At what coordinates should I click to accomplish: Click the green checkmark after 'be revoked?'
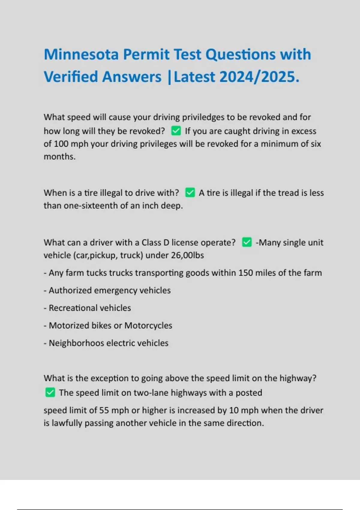click(x=176, y=131)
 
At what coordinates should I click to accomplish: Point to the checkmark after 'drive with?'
click(x=190, y=193)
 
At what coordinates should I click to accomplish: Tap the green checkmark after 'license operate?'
click(x=247, y=242)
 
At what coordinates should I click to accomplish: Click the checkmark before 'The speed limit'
click(x=50, y=392)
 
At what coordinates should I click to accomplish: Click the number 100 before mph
click(x=61, y=144)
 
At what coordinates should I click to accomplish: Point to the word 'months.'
click(x=59, y=156)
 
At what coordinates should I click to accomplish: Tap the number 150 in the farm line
click(x=245, y=273)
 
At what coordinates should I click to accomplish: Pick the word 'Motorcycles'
click(x=148, y=325)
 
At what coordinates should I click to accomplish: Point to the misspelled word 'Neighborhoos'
click(x=76, y=343)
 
